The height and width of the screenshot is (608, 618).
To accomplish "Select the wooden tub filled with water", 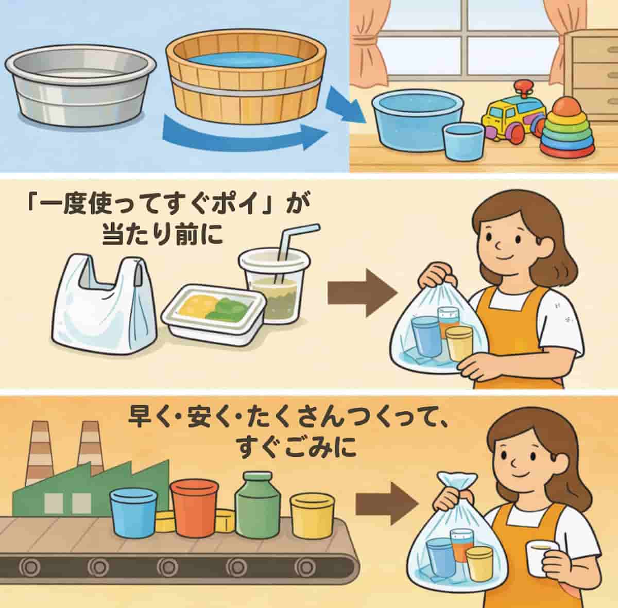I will [x=246, y=82].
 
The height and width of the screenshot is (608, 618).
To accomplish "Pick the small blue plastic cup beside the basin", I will [x=463, y=140].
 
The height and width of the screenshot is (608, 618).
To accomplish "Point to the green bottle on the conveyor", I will [x=256, y=505].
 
